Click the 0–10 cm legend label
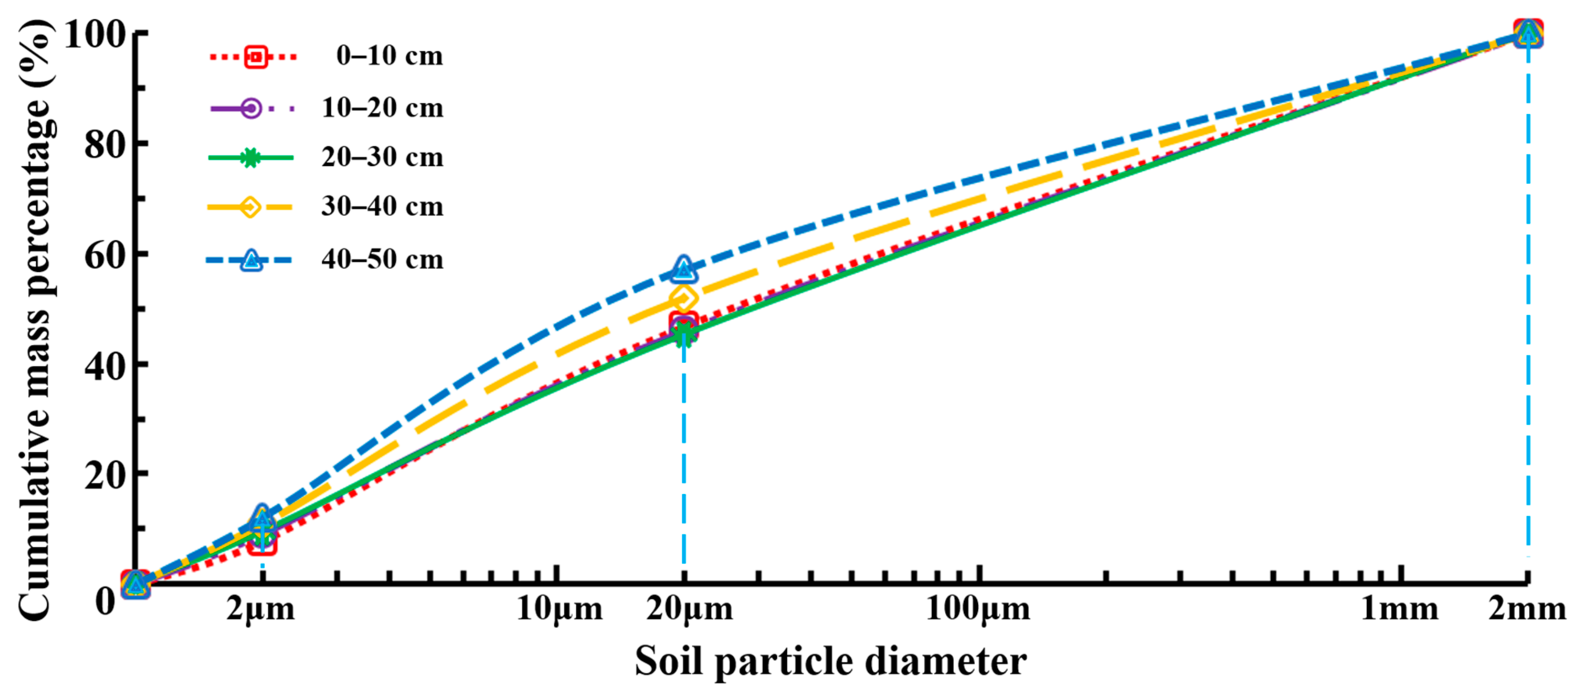[x=389, y=56]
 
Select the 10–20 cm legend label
[x=382, y=108]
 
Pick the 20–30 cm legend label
[x=382, y=157]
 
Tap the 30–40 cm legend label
[x=382, y=206]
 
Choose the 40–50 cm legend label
[x=382, y=259]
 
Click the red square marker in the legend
[x=256, y=57]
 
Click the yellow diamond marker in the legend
[x=250, y=208]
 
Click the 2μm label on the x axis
[x=260, y=609]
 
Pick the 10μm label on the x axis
[x=559, y=609]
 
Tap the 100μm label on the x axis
[x=978, y=609]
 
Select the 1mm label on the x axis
[x=1399, y=609]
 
